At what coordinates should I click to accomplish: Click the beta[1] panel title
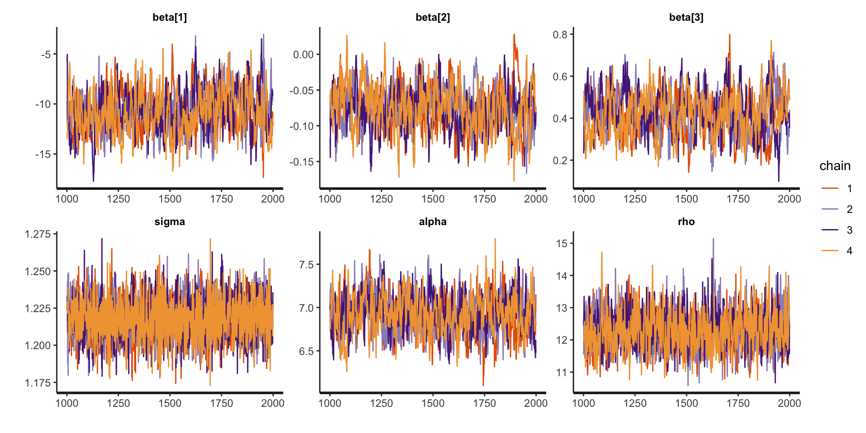170,17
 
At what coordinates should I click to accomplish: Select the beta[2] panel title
433,17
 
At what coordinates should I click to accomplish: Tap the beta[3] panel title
686,17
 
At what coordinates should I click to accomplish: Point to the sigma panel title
170,221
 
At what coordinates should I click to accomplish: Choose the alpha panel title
433,221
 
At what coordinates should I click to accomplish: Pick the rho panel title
686,221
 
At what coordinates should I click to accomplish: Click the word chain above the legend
835,166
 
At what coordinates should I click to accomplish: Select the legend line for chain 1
830,188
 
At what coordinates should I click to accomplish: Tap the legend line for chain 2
830,209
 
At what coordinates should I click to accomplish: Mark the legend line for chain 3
830,230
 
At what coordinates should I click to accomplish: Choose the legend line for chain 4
830,250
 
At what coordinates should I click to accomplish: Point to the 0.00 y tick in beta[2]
303,55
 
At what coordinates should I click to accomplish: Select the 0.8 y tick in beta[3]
560,35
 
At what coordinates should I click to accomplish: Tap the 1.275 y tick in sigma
38,234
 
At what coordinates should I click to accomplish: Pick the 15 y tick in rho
562,244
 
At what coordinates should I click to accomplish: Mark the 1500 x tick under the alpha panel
433,403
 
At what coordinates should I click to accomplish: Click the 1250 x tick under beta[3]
635,199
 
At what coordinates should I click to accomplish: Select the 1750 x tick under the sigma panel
221,403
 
